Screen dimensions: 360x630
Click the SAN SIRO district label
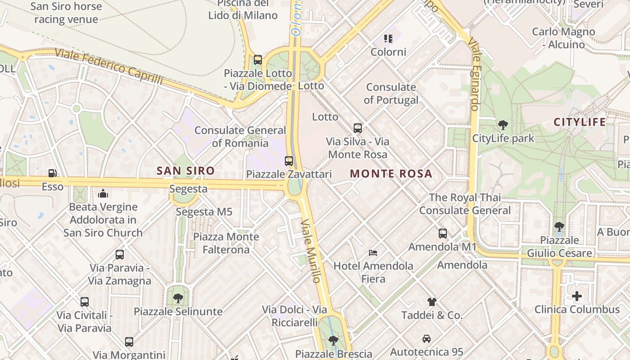(x=185, y=171)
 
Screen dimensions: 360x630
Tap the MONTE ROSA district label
(x=391, y=174)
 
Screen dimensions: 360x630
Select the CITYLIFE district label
(x=580, y=122)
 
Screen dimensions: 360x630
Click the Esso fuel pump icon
(x=53, y=173)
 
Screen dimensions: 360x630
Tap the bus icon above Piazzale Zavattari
(x=289, y=161)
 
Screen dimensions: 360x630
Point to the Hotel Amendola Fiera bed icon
(x=373, y=253)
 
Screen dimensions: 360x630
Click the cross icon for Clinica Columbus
(x=577, y=296)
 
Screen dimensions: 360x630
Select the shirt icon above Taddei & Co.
(x=432, y=302)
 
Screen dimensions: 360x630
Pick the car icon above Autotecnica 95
(x=426, y=338)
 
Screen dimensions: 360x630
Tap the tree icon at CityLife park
(x=503, y=125)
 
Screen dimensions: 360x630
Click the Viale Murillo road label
(x=311, y=251)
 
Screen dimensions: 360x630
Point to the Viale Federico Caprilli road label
(x=108, y=66)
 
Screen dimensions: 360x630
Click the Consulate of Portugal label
(x=391, y=93)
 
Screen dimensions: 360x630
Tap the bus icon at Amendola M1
(x=443, y=234)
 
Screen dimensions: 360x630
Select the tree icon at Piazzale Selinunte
(x=178, y=298)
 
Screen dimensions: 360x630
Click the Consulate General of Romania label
(x=240, y=137)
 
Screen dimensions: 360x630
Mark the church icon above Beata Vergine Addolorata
(x=103, y=194)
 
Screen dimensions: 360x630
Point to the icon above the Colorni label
(x=388, y=39)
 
